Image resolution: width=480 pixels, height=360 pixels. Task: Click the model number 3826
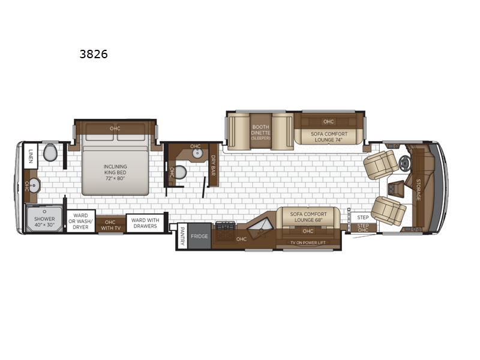point(94,54)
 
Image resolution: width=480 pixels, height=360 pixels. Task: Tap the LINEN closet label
point(31,156)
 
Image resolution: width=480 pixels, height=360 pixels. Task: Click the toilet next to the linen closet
point(50,152)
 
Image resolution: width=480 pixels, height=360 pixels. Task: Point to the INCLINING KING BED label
point(115,172)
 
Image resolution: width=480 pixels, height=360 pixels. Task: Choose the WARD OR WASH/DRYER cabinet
point(80,221)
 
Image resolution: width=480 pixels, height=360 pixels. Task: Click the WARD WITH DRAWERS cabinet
point(145,223)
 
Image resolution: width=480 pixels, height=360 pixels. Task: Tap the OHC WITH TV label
point(110,225)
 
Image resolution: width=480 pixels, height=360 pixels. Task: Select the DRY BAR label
point(213,166)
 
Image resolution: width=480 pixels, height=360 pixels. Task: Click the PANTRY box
point(182,236)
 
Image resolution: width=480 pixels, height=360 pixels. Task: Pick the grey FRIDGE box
point(199,236)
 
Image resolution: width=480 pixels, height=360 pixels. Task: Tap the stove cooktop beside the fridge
point(226,227)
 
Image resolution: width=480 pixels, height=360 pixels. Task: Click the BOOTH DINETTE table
point(260,131)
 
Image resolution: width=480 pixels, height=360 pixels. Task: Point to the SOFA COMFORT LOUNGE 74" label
point(329,137)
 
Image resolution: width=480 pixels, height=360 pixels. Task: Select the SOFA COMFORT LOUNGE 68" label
point(308,217)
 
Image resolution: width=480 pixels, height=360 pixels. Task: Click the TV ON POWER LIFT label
point(308,243)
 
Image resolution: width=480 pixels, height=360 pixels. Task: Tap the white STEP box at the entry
point(363,217)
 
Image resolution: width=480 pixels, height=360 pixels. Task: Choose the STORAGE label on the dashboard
point(418,190)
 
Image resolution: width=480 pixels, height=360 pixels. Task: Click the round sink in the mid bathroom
point(197,154)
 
